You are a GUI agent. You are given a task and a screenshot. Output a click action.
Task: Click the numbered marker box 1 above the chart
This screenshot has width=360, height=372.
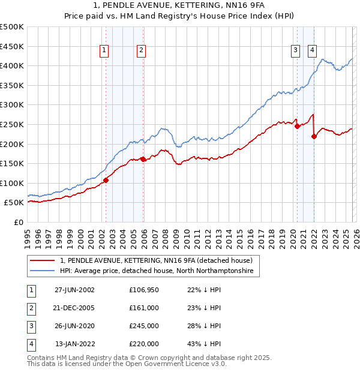coord(105,51)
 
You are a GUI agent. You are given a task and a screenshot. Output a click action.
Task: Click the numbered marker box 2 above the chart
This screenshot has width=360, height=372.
coord(141,51)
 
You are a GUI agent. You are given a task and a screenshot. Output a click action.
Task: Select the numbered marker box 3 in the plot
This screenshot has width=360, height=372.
coord(296,51)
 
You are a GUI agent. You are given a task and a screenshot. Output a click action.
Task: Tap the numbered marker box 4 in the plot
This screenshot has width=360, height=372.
coord(313,51)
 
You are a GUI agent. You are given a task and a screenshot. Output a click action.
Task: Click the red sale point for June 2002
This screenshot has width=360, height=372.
coord(106,180)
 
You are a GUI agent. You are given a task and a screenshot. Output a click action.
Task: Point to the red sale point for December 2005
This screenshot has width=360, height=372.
coord(143,159)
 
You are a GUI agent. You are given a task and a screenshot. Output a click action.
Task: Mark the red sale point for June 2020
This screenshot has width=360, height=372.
coord(298,126)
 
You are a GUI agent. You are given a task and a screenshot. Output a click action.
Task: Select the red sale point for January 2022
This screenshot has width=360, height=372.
coord(314,136)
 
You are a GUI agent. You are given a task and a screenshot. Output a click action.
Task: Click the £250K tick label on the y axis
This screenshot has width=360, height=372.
coord(12,124)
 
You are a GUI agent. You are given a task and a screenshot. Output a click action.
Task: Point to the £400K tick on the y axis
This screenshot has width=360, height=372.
coord(12,65)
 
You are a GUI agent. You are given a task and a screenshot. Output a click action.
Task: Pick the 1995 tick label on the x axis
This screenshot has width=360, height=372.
coord(28,238)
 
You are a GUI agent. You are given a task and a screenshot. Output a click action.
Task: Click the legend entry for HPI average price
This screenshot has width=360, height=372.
coord(157,271)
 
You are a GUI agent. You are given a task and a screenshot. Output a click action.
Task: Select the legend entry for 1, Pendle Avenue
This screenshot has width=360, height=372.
coord(160,260)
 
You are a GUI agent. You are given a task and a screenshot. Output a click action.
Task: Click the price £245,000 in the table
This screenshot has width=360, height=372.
coord(144,326)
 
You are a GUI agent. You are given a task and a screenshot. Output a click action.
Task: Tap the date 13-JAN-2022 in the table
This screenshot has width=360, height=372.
coord(74,344)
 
